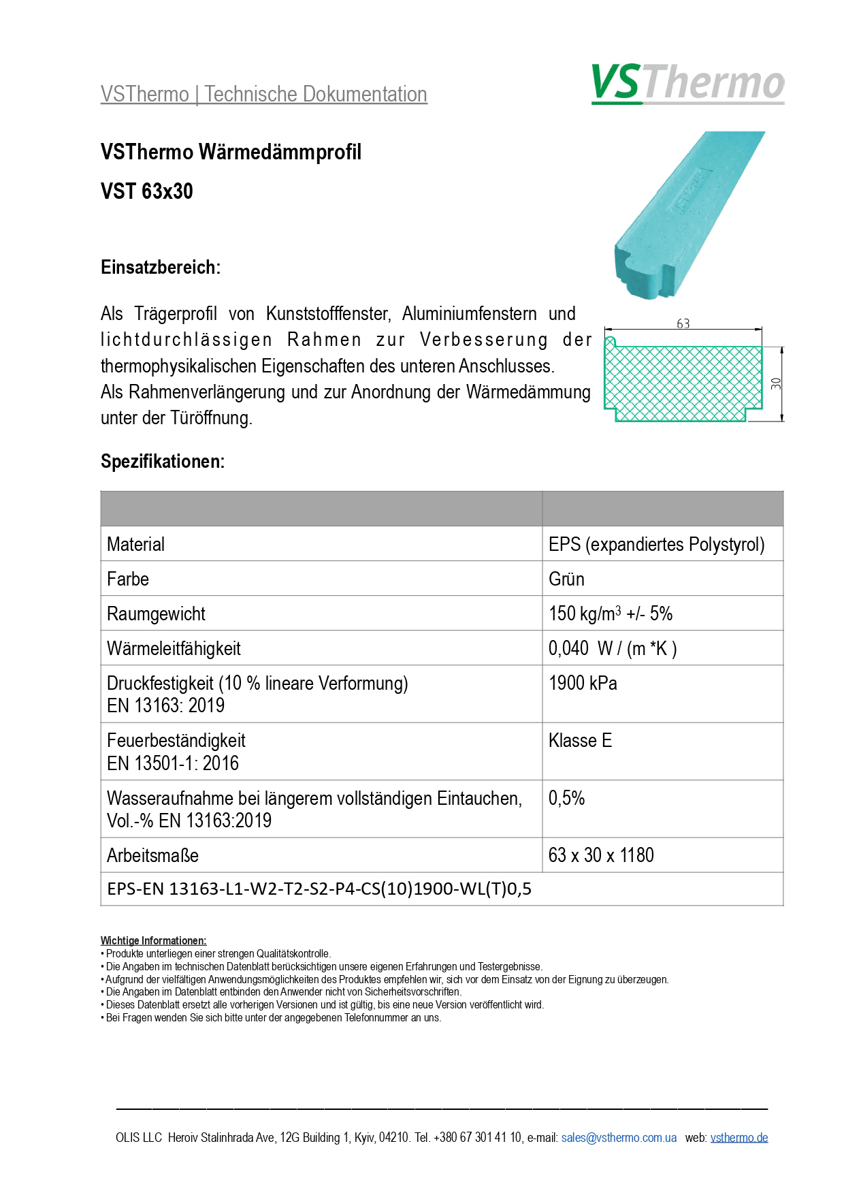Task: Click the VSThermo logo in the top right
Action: coord(687,83)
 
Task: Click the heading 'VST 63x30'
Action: coord(147,191)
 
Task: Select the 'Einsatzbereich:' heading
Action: coord(161,268)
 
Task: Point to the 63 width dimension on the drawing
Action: coord(683,324)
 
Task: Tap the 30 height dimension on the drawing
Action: coord(776,383)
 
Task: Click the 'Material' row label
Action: coord(136,544)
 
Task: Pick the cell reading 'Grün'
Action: coord(566,579)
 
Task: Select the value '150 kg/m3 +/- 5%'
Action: coord(610,614)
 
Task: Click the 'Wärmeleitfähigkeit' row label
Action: coord(174,648)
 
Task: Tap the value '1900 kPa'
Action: coord(583,683)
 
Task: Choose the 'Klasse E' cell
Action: coord(580,740)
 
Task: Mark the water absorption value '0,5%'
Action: coord(566,798)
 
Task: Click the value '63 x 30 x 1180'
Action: coord(601,855)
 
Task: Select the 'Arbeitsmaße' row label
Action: coord(152,855)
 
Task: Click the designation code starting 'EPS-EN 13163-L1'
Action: coord(319,889)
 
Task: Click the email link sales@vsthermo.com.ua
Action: coord(619,1138)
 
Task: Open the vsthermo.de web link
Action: coord(738,1138)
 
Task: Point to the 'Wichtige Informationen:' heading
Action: coord(153,941)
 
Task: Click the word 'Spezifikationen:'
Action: coord(163,462)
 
